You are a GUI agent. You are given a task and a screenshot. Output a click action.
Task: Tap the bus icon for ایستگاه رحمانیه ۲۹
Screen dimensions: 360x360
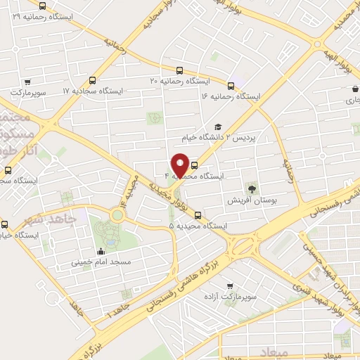pyautogui.click(x=43, y=6)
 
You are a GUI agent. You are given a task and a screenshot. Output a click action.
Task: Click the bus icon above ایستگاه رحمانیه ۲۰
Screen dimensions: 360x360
pyautogui.click(x=180, y=70)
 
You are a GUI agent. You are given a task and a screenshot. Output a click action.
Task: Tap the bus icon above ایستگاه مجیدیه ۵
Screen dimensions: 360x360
pyautogui.click(x=198, y=215)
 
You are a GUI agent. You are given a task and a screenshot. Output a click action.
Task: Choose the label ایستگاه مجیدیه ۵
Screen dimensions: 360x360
pyautogui.click(x=198, y=226)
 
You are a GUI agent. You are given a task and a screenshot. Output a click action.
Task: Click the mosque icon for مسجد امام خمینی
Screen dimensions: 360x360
pyautogui.click(x=99, y=251)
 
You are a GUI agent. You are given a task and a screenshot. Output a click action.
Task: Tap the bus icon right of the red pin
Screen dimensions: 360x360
pyautogui.click(x=194, y=167)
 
